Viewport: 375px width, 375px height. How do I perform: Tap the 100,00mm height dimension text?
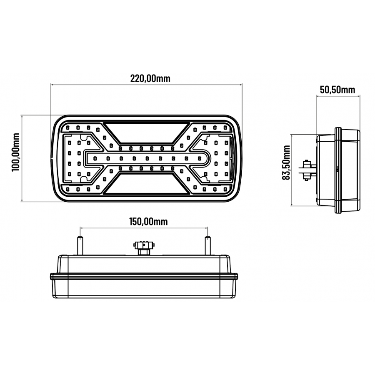click(x=16, y=152)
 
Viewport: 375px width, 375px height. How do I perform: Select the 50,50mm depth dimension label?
click(x=337, y=89)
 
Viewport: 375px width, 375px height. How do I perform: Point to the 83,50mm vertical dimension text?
click(x=286, y=163)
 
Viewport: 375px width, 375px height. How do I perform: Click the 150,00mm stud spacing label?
click(x=145, y=221)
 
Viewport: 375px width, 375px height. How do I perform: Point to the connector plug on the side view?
click(x=308, y=170)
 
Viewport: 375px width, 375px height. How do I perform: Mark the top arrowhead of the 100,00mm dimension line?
click(x=21, y=116)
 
